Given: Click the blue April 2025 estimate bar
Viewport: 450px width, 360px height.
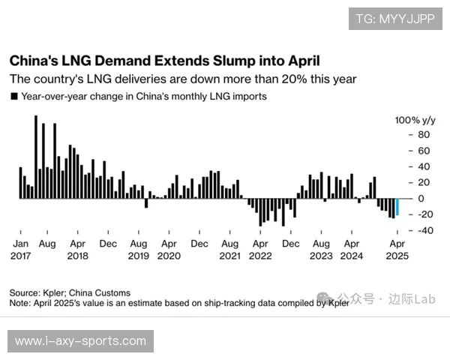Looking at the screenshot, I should click(x=397, y=206).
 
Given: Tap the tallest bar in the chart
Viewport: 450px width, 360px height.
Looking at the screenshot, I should click(x=36, y=156).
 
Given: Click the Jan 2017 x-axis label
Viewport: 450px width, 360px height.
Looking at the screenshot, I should click(x=20, y=249).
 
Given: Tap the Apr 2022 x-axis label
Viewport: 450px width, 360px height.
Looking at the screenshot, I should click(x=260, y=249).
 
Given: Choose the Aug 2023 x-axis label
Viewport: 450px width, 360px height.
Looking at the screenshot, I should click(x=321, y=249).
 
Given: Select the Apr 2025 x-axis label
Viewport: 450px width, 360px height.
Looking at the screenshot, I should click(x=397, y=249).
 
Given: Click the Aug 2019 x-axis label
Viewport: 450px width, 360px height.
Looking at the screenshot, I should click(x=139, y=249).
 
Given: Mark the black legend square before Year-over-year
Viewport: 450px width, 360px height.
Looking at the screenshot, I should click(x=13, y=97).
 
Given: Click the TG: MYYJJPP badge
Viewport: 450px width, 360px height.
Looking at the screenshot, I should click(x=395, y=19).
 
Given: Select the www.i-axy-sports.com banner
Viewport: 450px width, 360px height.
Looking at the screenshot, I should click(x=81, y=341).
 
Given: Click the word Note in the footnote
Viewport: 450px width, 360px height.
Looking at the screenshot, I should click(x=19, y=303).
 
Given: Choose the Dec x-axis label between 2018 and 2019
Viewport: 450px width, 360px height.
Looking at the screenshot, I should click(x=108, y=244).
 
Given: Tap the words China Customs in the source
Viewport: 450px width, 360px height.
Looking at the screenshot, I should click(x=101, y=293).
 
